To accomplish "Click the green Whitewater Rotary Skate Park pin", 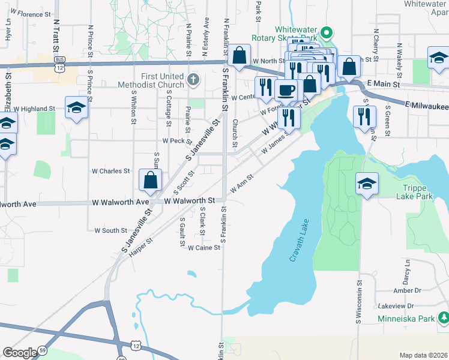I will point(327,33).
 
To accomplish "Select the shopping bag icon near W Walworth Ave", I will point(149,179).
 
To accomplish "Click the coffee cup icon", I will point(285,90).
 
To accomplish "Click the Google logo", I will point(19,353).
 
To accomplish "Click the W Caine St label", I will point(204,247).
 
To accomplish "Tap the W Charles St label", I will point(110,171).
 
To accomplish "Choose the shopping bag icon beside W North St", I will point(239,55).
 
